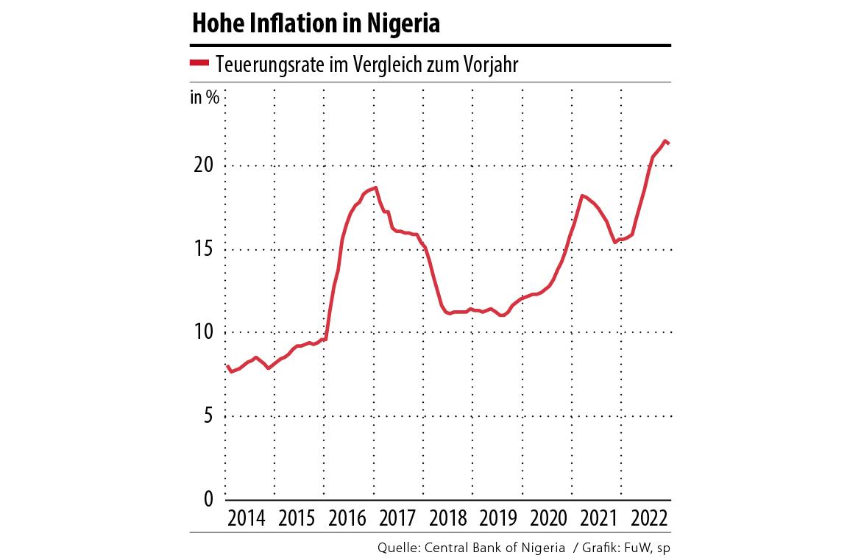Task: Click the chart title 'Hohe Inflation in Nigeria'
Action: pos(316,24)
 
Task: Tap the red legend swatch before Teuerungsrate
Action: pos(200,63)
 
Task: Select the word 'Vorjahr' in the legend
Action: pos(492,65)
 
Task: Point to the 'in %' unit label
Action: pos(204,97)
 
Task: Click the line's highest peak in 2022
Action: pos(665,140)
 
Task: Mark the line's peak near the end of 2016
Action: pos(375,187)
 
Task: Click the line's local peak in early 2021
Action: pos(582,196)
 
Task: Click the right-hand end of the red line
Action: pos(668,143)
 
